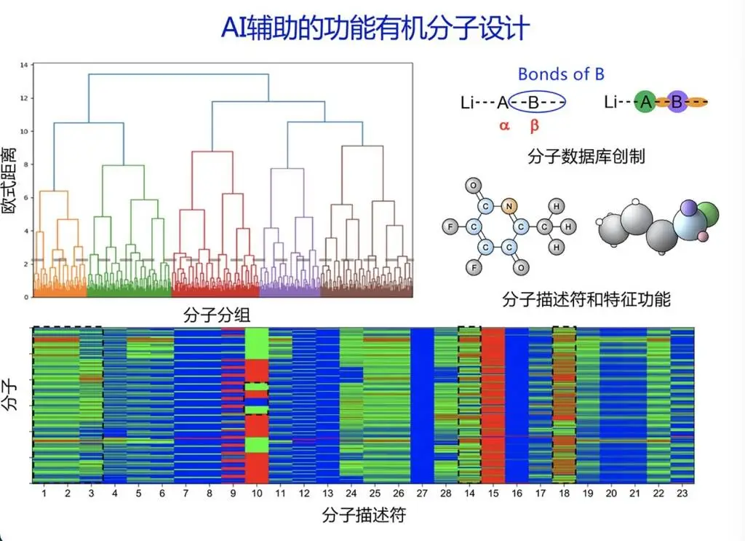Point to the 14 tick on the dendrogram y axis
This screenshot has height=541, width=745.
pos(24,66)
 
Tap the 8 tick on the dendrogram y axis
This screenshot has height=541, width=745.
pos(25,165)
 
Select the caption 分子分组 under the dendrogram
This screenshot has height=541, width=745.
pos(212,315)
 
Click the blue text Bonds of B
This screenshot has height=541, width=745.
pos(561,74)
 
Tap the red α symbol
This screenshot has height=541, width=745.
pos(504,125)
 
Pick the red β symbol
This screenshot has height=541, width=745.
pos(535,125)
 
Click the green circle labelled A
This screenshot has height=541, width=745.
pos(645,103)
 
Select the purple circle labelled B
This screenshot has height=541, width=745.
pos(677,103)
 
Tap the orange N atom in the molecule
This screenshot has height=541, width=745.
pos(509,205)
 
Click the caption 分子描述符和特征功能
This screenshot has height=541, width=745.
pos(586,299)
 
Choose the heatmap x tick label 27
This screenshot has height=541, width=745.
pos(422,494)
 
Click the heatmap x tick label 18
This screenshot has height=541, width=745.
pos(564,494)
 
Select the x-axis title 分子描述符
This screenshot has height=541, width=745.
pos(363,516)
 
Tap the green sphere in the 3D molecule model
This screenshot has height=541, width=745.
pos(705,216)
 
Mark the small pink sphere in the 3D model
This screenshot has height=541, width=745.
pos(702,237)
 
